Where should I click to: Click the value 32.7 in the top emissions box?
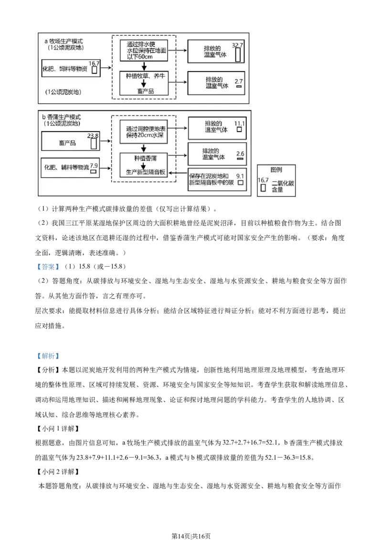[x=237, y=45]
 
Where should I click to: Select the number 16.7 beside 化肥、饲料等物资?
[x=94, y=63]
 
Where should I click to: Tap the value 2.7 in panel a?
[x=239, y=82]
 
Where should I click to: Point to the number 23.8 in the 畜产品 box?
[x=93, y=136]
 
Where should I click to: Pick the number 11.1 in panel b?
[x=239, y=124]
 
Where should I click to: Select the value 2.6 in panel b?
[x=240, y=154]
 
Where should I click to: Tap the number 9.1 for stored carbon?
[x=240, y=176]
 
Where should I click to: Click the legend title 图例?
[x=276, y=170]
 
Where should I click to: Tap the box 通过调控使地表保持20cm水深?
[x=144, y=132]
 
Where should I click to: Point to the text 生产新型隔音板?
[x=144, y=172]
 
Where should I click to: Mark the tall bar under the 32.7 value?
[x=237, y=55]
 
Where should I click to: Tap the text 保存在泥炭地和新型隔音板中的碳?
[x=212, y=179]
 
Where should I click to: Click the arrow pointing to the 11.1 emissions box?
[x=180, y=128]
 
